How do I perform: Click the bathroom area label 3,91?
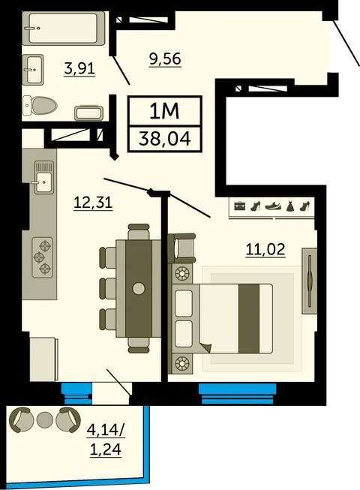tap(79, 68)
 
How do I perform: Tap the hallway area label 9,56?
tap(165, 59)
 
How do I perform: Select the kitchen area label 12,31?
tap(93, 203)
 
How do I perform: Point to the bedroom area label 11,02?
tap(265, 250)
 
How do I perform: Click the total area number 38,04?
tap(165, 139)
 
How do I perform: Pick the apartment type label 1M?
tap(164, 111)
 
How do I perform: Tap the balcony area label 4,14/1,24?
tap(106, 440)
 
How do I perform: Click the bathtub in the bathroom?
tap(64, 29)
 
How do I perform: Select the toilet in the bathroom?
tap(40, 105)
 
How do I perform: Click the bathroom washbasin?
tap(33, 69)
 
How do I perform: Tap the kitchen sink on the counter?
tap(43, 177)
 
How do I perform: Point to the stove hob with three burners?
tap(42, 257)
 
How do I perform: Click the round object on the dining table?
tap(138, 288)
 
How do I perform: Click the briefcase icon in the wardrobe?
tap(240, 206)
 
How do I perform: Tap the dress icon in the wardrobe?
tap(290, 206)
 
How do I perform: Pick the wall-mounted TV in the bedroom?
tap(310, 281)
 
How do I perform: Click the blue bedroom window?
tap(238, 393)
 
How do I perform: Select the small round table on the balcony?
tap(45, 420)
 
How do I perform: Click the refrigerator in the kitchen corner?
tap(43, 359)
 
